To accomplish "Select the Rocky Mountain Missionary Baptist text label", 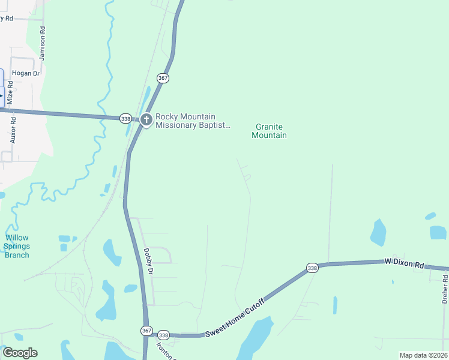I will click(x=193, y=121).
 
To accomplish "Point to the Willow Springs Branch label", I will click(x=17, y=247).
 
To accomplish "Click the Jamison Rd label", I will click(x=43, y=43).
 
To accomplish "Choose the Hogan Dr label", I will click(x=25, y=73).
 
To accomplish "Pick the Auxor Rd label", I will click(x=13, y=128).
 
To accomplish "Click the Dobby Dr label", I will click(x=149, y=262).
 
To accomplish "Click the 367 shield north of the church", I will click(x=163, y=79).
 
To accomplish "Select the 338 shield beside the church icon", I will click(x=125, y=118).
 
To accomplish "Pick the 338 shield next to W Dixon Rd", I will click(x=312, y=268).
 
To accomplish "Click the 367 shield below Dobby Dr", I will click(x=146, y=331).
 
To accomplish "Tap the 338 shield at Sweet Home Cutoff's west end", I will click(x=164, y=335).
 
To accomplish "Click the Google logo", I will click(x=20, y=353).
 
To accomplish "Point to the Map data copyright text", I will click(x=423, y=355).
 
